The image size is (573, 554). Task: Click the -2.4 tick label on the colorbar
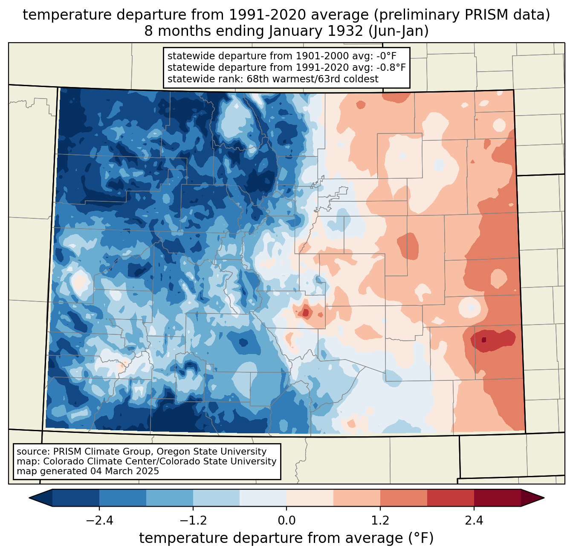click(x=99, y=521)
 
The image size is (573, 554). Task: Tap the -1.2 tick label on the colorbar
click(x=193, y=521)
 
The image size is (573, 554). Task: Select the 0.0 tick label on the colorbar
click(x=286, y=521)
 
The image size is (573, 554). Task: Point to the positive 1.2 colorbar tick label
click(x=380, y=521)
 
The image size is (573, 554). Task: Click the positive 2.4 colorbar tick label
click(x=474, y=521)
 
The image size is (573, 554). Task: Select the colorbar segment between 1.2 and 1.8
click(x=404, y=498)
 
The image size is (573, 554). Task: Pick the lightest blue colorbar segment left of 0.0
click(x=263, y=498)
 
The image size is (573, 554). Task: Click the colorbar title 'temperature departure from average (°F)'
click(x=286, y=538)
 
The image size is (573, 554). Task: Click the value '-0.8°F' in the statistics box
click(x=388, y=67)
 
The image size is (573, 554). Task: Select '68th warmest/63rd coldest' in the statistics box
click(x=313, y=79)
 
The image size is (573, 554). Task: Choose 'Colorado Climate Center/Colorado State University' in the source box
click(x=160, y=461)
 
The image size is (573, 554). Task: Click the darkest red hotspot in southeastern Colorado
click(x=483, y=340)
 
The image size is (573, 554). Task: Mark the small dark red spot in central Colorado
click(x=305, y=313)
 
